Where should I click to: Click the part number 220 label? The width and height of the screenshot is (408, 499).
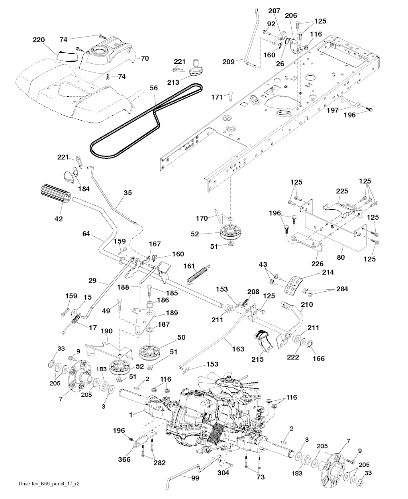click(x=39, y=40)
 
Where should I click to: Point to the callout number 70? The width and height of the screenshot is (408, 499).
click(x=145, y=58)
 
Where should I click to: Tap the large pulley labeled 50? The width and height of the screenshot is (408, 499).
click(x=151, y=351)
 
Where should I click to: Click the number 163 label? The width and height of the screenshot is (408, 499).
click(x=238, y=349)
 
